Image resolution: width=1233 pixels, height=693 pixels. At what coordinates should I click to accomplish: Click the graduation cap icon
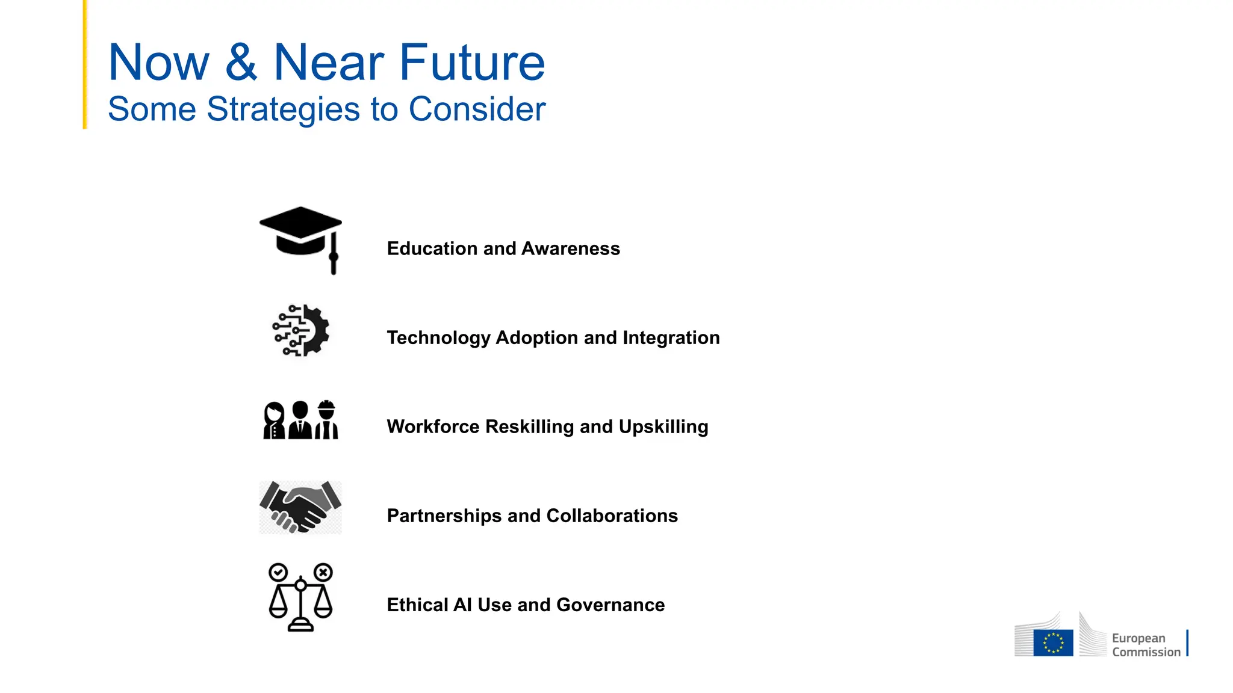tap(300, 238)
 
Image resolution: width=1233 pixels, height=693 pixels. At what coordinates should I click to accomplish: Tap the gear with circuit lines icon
tap(301, 330)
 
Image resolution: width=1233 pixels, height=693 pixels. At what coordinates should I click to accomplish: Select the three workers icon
tap(300, 420)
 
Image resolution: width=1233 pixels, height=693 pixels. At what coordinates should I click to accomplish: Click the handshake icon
tap(300, 508)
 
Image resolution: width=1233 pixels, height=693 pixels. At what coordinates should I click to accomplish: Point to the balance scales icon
tap(300, 597)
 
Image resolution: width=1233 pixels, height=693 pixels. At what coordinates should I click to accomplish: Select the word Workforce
tap(433, 427)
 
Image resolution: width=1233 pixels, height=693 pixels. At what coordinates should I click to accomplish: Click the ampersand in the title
tap(241, 62)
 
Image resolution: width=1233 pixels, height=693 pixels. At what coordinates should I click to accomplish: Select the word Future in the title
tap(472, 62)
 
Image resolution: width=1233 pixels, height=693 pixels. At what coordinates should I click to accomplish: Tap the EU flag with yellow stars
tap(1053, 642)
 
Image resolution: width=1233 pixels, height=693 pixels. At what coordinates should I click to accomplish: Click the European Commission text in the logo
tap(1145, 645)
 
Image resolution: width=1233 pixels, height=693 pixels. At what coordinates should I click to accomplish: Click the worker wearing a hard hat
tap(326, 420)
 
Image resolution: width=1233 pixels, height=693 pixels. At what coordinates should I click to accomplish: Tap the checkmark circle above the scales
tap(278, 572)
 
